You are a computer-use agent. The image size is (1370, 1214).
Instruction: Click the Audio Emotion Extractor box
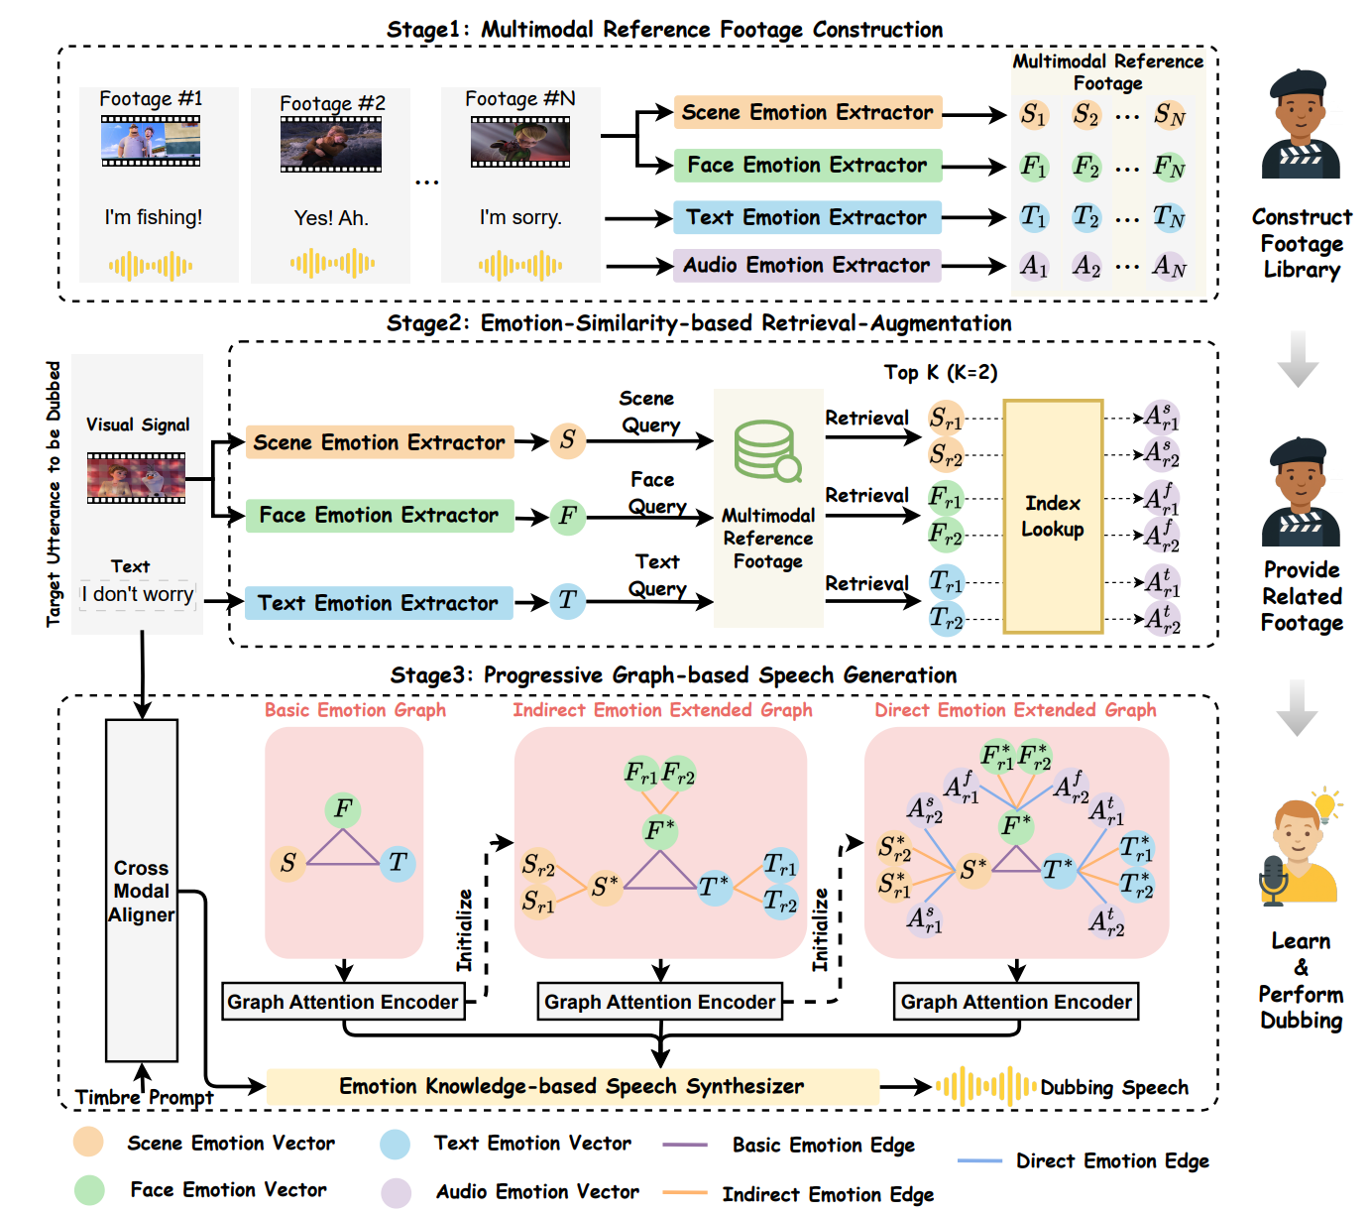(x=806, y=266)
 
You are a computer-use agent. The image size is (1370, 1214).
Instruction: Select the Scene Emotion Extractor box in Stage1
(x=807, y=113)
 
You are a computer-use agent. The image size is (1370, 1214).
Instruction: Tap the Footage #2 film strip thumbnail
(x=331, y=144)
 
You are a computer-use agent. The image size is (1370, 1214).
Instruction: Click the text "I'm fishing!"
(x=154, y=217)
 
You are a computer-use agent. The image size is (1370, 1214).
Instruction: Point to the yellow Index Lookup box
(x=1053, y=516)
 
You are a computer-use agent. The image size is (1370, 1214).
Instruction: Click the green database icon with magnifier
(x=766, y=451)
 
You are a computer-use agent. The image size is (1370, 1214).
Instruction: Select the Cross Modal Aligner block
(x=142, y=890)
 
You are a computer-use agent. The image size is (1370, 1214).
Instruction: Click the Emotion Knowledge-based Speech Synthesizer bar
(x=572, y=1087)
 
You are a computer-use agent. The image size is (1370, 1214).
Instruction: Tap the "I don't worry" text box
(x=138, y=594)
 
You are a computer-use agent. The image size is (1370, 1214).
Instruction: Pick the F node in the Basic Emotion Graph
(x=343, y=809)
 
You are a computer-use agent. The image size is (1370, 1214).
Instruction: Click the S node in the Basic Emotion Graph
(x=287, y=863)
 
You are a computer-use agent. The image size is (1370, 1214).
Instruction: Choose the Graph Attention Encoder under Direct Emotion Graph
(x=1016, y=1002)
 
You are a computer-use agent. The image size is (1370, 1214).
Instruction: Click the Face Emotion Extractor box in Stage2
(x=379, y=516)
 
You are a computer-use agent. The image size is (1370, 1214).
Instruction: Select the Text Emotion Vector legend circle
(x=396, y=1145)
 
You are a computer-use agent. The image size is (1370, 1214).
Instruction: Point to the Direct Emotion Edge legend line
(x=980, y=1161)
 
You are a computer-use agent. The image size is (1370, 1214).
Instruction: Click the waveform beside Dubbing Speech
(x=985, y=1087)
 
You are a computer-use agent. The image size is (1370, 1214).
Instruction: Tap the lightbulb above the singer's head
(x=1324, y=802)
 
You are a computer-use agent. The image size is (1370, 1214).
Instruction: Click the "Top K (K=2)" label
(x=941, y=373)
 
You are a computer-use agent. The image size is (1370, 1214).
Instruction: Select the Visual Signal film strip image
(x=136, y=478)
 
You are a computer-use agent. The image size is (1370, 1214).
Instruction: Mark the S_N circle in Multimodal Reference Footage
(x=1169, y=115)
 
